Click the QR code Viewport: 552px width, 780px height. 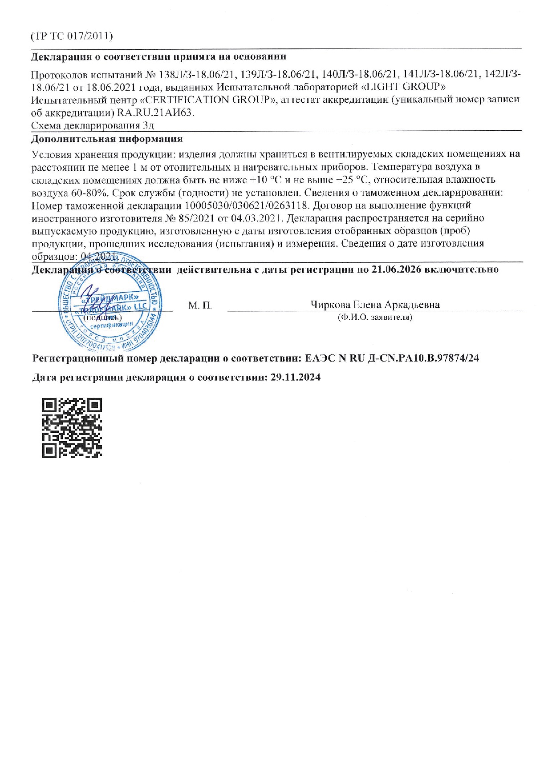pyautogui.click(x=72, y=428)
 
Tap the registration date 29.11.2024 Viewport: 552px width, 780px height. pyautogui.click(x=296, y=378)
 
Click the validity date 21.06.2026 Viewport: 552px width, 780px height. pyautogui.click(x=396, y=269)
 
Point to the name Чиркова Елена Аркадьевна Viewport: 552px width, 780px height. pyautogui.click(x=375, y=305)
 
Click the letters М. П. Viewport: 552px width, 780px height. pyautogui.click(x=200, y=306)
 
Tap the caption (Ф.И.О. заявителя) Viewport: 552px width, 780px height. pyautogui.click(x=375, y=317)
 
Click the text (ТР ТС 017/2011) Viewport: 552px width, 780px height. pyautogui.click(x=72, y=36)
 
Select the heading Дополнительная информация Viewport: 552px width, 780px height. pyautogui.click(x=107, y=139)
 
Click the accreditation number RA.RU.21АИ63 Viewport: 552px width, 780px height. pyautogui.click(x=156, y=113)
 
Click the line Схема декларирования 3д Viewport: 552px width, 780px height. pyautogui.click(x=93, y=125)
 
